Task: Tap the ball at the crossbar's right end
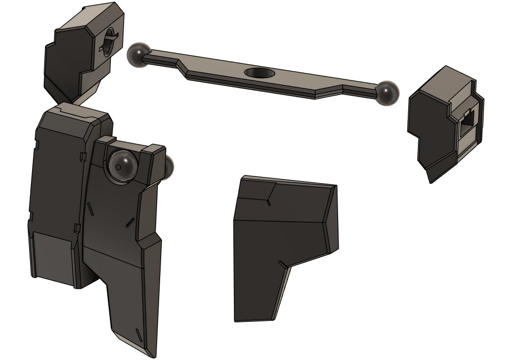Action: click(387, 93)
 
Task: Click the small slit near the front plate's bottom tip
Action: click(138, 335)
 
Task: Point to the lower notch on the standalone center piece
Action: click(281, 263)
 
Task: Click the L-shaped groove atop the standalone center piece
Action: click(269, 195)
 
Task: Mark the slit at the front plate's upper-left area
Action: click(89, 208)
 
